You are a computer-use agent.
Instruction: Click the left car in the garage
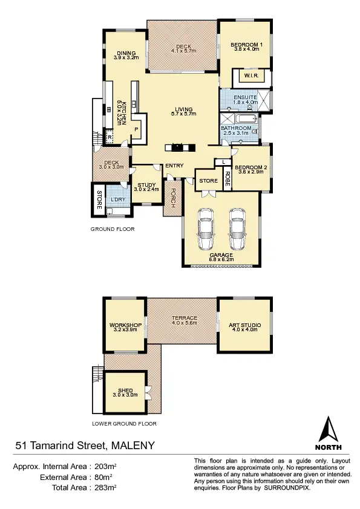pos(206,230)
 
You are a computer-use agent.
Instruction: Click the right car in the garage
pos(237,230)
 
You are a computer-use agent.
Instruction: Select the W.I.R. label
pos(250,76)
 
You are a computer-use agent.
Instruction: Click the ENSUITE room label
pos(246,97)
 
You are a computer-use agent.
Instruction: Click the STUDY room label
pos(147,185)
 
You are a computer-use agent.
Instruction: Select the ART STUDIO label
pos(243,325)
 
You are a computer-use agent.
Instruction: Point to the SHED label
pos(125,391)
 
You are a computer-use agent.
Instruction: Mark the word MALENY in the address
pos(132,446)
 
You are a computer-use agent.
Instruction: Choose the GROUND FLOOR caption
pos(113,229)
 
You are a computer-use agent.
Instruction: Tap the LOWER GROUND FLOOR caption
pos(124,424)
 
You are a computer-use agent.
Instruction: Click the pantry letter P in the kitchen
pos(136,129)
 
